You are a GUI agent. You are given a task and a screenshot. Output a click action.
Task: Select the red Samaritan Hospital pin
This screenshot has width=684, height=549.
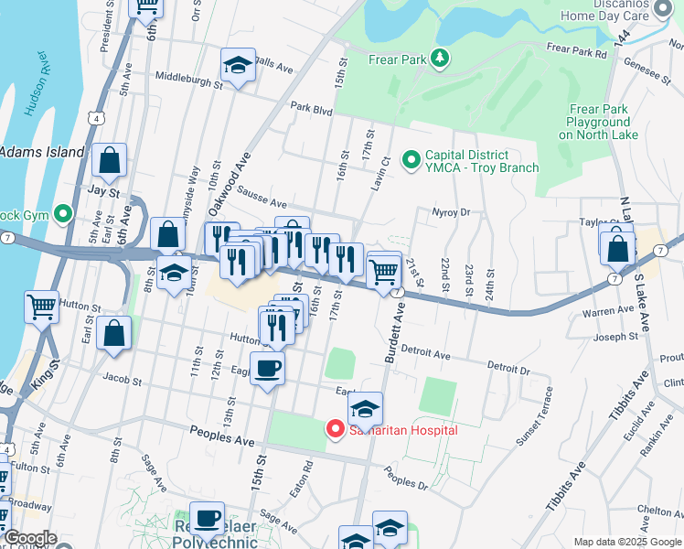point(336,428)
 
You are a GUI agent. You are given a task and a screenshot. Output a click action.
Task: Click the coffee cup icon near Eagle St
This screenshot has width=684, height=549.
point(266,368)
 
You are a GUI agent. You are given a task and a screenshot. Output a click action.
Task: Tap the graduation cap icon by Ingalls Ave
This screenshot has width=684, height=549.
point(238,65)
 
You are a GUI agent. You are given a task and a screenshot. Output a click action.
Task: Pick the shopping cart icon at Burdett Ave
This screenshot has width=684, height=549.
point(384,269)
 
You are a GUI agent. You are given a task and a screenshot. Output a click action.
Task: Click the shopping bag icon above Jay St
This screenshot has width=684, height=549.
point(109,161)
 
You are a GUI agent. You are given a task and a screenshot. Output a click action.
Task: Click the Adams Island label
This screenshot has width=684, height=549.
point(41,152)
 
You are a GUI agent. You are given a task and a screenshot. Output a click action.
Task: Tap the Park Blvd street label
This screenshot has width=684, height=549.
point(311,108)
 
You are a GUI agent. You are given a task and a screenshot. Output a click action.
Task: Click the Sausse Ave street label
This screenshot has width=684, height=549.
point(262,199)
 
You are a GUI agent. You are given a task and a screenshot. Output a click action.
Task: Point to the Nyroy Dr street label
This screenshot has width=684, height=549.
point(450,212)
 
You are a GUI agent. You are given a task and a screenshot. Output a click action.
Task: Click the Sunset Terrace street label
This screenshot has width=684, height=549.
point(534,416)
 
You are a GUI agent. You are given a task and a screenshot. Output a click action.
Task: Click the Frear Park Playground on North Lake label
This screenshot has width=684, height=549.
point(597,122)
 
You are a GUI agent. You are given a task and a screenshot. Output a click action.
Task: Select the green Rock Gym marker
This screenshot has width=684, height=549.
point(63,215)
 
